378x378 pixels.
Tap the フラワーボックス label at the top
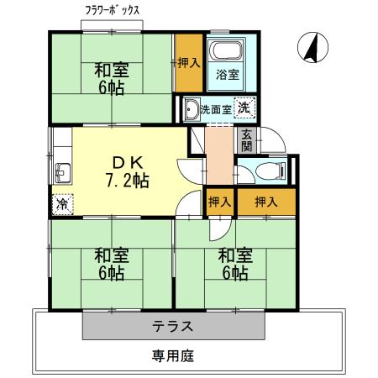coord(112,11)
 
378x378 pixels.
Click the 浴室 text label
coord(227,75)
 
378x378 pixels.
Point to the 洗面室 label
coord(216,108)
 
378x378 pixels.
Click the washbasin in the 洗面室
coord(192,109)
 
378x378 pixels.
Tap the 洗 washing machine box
coord(243,108)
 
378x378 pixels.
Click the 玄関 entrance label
coord(246,140)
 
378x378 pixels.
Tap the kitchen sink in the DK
coord(62,173)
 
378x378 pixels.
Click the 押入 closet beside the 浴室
coord(188,62)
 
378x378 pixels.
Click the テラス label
coord(173,326)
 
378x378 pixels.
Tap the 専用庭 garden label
coord(173,355)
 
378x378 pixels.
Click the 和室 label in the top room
coord(109,71)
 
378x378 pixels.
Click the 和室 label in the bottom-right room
coord(234,255)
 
